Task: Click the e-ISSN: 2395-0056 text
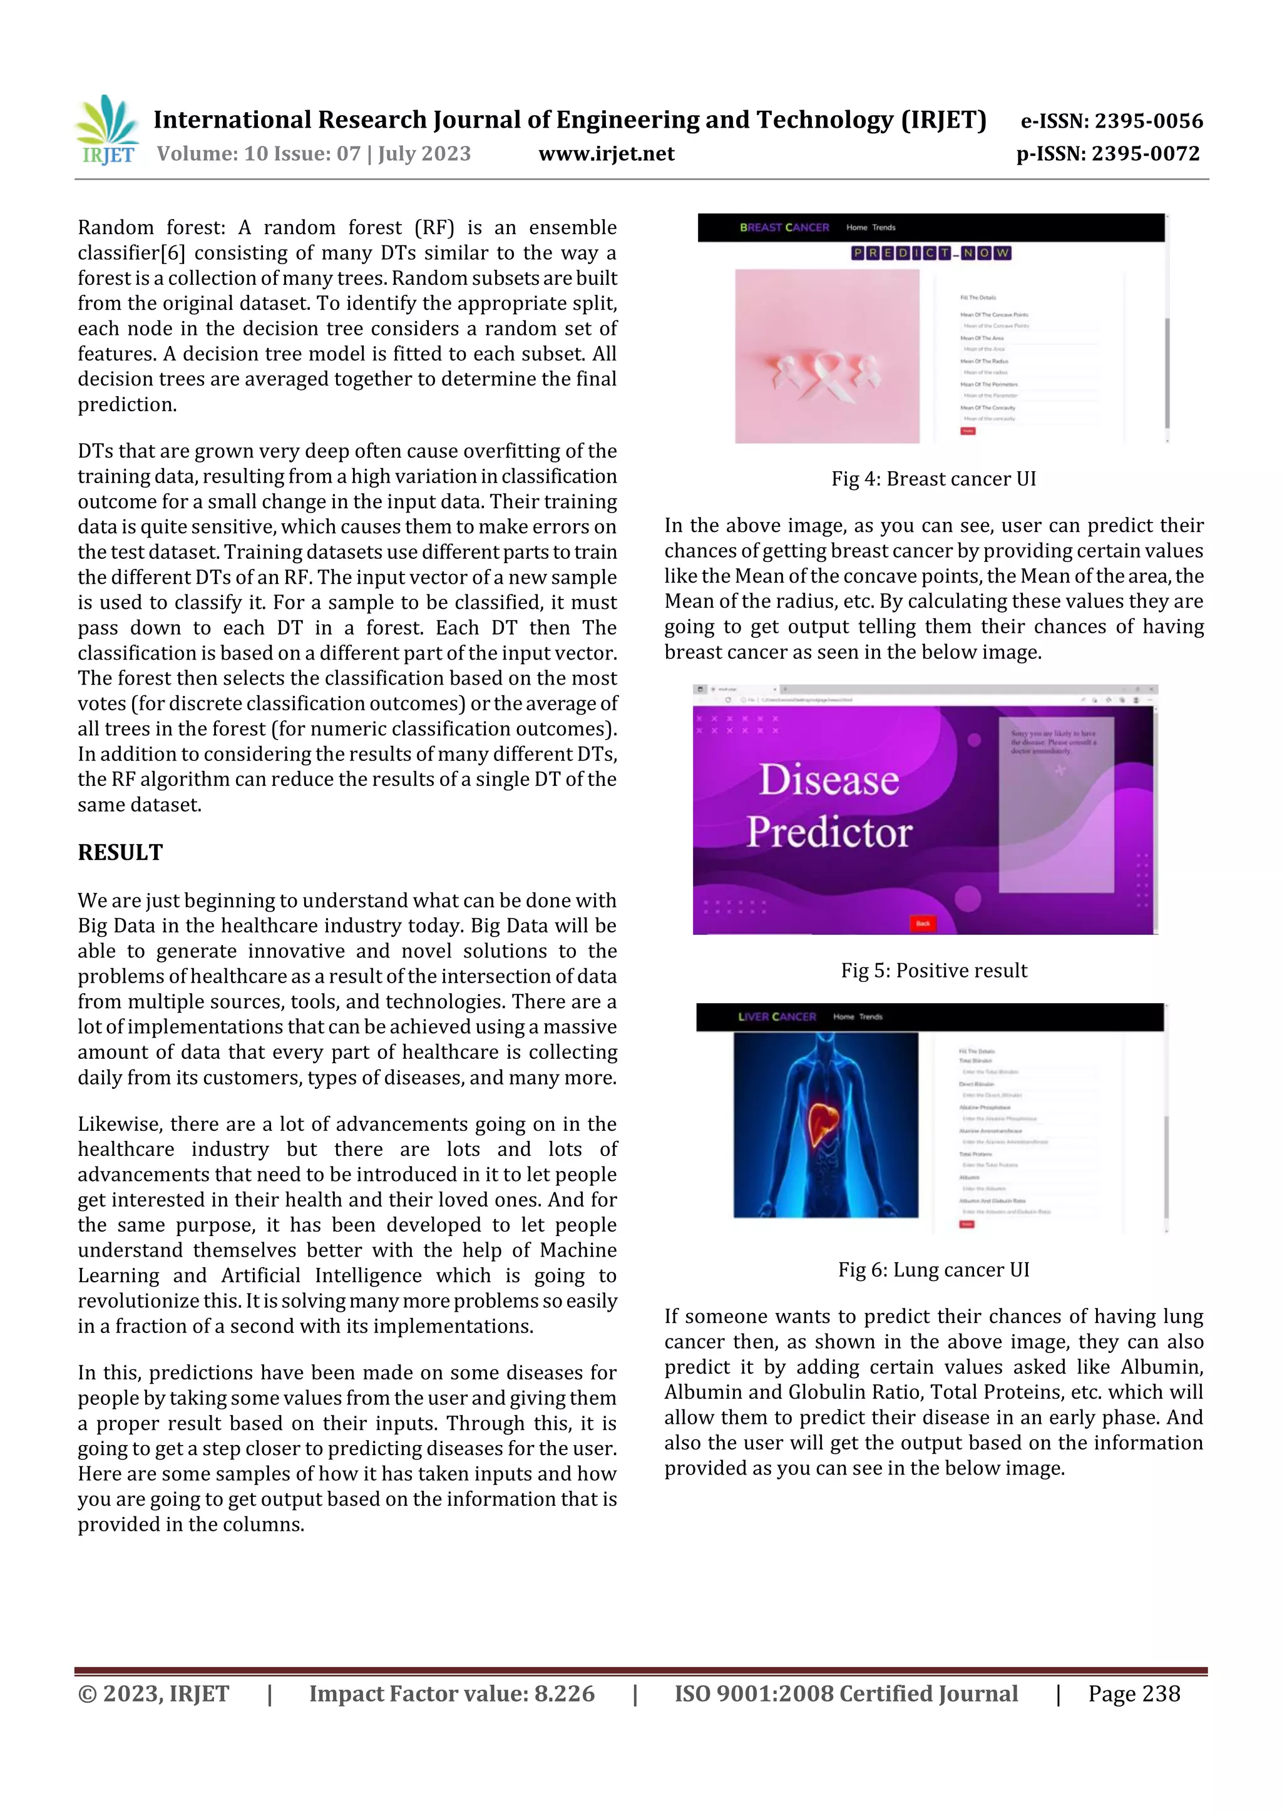point(1111,121)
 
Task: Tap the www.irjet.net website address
point(606,154)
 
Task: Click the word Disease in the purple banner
point(829,780)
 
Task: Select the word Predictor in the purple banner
point(829,832)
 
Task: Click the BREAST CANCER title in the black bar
point(784,227)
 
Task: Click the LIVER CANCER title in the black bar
point(776,1016)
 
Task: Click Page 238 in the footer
point(1134,1693)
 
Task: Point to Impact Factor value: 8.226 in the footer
point(451,1693)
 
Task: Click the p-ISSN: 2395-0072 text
point(1107,154)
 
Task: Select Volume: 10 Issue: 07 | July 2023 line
point(314,154)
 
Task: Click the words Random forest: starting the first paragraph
point(151,227)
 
